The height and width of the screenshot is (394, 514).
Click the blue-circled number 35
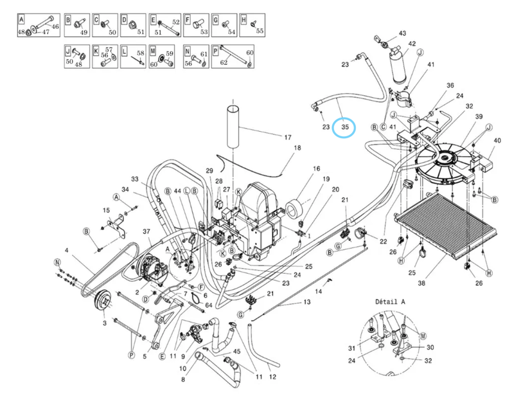click(x=345, y=127)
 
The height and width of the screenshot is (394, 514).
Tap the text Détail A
click(x=391, y=301)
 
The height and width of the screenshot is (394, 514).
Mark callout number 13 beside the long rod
click(x=306, y=302)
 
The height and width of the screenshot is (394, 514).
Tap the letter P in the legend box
click(x=224, y=48)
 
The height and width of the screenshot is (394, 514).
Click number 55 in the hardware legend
click(x=260, y=30)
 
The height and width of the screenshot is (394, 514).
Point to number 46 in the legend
click(x=55, y=26)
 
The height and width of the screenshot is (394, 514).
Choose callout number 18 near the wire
click(x=297, y=148)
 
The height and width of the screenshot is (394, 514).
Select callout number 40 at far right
click(x=496, y=141)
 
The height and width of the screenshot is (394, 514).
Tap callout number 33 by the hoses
click(x=135, y=179)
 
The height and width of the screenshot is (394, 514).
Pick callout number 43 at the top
click(x=403, y=33)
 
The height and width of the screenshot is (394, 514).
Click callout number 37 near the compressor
click(x=146, y=231)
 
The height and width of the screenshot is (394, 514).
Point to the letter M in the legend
click(x=153, y=48)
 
